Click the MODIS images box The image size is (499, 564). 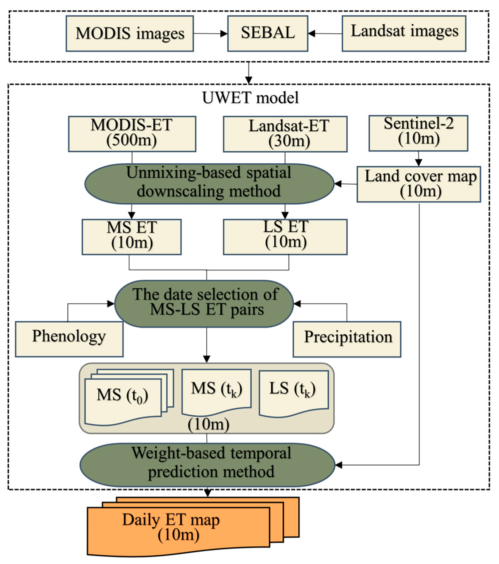point(129,33)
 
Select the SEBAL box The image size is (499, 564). point(267,33)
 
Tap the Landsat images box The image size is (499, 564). point(404,33)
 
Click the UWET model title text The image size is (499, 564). point(250,98)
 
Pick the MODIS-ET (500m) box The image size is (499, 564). point(132,134)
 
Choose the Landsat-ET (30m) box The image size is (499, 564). point(285,134)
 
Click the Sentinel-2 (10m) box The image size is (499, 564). point(418,133)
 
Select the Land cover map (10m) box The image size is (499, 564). point(419,184)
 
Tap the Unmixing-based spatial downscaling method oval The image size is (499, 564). point(209,184)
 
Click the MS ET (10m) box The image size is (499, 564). point(131,237)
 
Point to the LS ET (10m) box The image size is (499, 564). point(285,237)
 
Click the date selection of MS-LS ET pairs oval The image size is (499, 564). point(204,304)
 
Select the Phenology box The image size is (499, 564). point(69,339)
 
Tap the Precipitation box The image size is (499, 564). point(347,339)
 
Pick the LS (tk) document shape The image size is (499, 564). point(293,392)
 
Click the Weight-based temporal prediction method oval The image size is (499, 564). point(207,465)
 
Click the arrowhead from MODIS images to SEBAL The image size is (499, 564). point(224,34)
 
